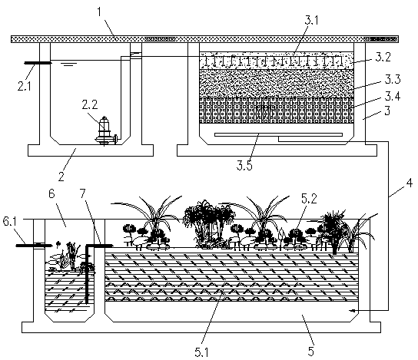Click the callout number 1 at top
point(99,12)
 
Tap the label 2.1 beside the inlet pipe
point(25,86)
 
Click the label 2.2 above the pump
point(90,104)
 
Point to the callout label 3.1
point(311,20)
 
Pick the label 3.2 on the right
point(383,57)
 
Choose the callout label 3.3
point(393,79)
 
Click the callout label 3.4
point(393,97)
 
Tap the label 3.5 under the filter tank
point(244,165)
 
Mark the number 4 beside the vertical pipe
point(410,183)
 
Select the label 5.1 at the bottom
point(201,352)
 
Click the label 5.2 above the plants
point(309,199)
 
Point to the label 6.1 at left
point(9,221)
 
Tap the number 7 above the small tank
point(83,193)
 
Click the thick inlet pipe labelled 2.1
point(38,63)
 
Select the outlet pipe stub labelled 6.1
point(33,245)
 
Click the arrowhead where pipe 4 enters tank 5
point(353,310)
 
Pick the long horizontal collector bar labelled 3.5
point(278,135)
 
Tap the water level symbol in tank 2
point(69,64)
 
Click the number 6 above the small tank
point(51,194)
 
